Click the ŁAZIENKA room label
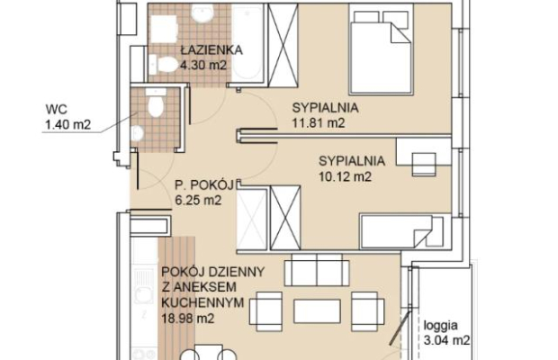coord(211,49)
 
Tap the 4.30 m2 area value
coord(203,66)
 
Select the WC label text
coord(56,109)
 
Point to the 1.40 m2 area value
coord(68,124)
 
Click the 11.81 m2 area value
coord(319,123)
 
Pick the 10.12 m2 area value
coord(345,176)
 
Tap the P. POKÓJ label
coord(204,185)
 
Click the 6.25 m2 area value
coord(198,201)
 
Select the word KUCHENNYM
coord(202,303)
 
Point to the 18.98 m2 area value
coord(188,318)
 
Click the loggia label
coord(441,326)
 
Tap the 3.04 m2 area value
coord(446,340)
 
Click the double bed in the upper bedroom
coord(381,49)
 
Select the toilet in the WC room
coord(155,103)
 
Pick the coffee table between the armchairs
coord(317,311)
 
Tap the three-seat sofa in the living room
coord(317,270)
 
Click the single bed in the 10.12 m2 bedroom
coord(401,231)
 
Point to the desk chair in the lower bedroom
coord(424,165)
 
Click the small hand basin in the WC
coord(137,134)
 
